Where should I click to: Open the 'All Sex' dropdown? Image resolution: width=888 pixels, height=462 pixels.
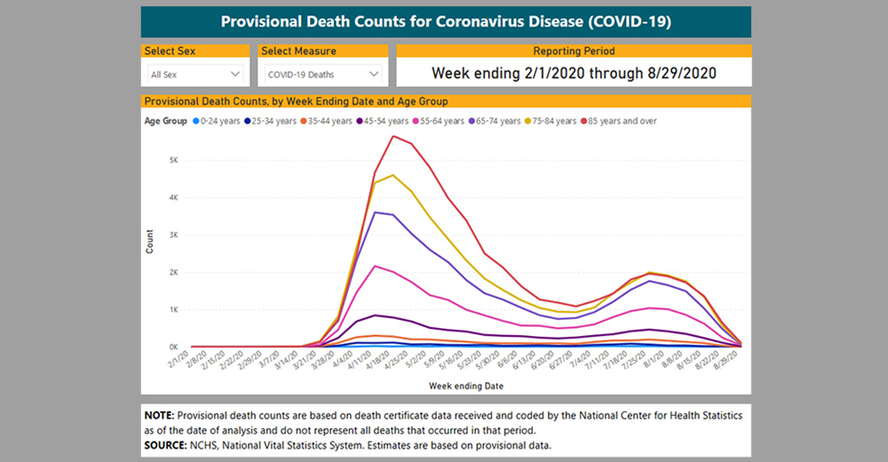[x=196, y=74]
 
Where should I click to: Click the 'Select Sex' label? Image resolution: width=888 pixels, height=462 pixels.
[x=172, y=52]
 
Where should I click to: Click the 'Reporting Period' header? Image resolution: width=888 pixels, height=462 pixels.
[x=574, y=52]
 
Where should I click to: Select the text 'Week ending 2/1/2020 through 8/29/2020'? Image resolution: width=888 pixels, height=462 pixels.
[x=574, y=73]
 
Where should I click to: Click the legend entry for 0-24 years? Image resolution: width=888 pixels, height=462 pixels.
[x=217, y=121]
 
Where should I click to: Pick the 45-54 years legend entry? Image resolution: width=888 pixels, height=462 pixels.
[x=386, y=121]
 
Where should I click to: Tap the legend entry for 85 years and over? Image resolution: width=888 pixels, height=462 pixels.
[x=618, y=121]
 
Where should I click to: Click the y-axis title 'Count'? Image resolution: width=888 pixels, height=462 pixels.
[x=150, y=242]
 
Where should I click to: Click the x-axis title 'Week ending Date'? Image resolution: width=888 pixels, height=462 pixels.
[x=465, y=386]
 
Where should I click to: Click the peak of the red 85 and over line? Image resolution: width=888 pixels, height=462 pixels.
[x=392, y=136]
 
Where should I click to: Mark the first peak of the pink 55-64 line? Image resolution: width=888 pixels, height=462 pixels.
[x=376, y=266]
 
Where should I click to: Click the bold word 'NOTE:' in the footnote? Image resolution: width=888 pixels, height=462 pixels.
[x=162, y=415]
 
